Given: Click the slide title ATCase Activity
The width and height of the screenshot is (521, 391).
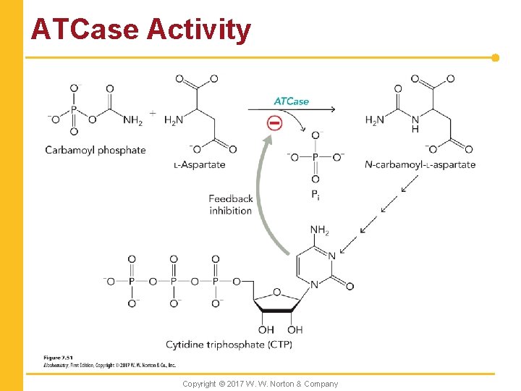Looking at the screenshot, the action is point(141,30).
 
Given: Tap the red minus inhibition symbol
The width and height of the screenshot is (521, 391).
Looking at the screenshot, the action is point(275,123).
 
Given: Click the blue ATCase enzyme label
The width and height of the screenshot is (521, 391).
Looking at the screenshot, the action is point(291,101).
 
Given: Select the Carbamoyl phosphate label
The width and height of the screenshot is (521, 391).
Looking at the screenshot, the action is point(95,150).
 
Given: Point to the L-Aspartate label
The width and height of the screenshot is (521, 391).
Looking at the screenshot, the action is point(200,164).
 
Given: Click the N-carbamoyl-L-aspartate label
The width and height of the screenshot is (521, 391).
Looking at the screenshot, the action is point(420,164).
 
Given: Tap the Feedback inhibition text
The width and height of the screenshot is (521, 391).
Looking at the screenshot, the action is point(231,204).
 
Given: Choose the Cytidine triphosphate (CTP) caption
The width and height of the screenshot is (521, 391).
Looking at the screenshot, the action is point(229,344).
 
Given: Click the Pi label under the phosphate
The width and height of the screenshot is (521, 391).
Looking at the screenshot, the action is point(316,194).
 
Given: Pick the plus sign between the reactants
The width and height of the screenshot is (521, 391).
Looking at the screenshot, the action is point(153,113).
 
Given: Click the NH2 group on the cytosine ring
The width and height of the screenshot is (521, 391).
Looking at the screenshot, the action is point(319,231).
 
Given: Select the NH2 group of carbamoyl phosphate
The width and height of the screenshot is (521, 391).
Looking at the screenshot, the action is point(132,121).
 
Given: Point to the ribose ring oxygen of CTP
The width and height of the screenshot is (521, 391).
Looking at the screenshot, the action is point(276,292).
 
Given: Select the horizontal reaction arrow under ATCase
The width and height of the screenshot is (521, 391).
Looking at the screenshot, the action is point(291,110).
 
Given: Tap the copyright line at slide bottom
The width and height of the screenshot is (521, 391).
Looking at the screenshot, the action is point(260,384).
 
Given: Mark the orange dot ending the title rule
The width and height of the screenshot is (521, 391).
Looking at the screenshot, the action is point(496,57).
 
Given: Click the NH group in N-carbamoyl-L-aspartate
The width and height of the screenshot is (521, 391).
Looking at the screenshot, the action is point(415,124).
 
